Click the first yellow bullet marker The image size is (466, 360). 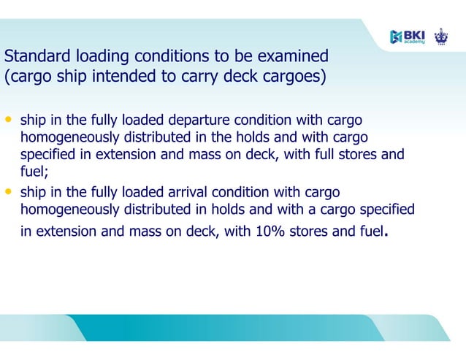pos(9,119)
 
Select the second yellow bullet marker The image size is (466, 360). pos(9,191)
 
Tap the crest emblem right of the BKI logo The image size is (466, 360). pos(441,36)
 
